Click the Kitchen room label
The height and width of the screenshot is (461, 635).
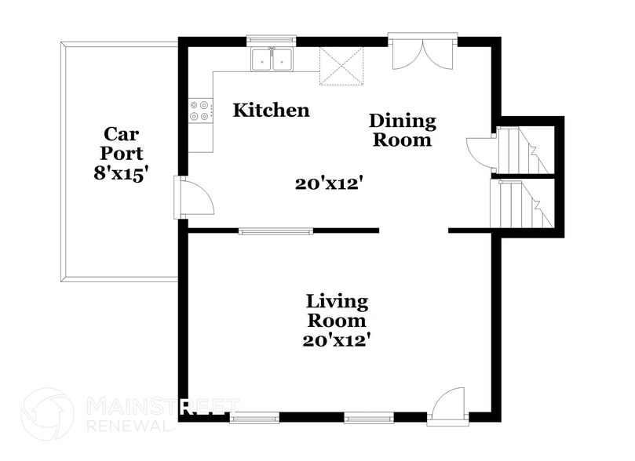pyautogui.click(x=271, y=110)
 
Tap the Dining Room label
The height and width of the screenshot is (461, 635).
pyautogui.click(x=402, y=130)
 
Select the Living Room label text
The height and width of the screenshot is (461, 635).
pyautogui.click(x=337, y=310)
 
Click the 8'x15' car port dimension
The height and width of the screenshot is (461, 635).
pyautogui.click(x=121, y=174)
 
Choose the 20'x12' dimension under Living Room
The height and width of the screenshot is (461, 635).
pyautogui.click(x=337, y=340)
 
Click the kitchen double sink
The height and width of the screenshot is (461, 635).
pyautogui.click(x=272, y=60)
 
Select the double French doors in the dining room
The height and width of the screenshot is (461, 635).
pyautogui.click(x=423, y=53)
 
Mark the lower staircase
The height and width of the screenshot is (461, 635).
pyautogui.click(x=524, y=204)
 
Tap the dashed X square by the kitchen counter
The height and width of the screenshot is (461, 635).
pyautogui.click(x=341, y=64)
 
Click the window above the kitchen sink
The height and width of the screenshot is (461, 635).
pyautogui.click(x=271, y=38)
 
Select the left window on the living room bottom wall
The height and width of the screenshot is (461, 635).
pyautogui.click(x=255, y=417)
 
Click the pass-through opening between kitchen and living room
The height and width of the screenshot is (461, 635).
pyautogui.click(x=276, y=230)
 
